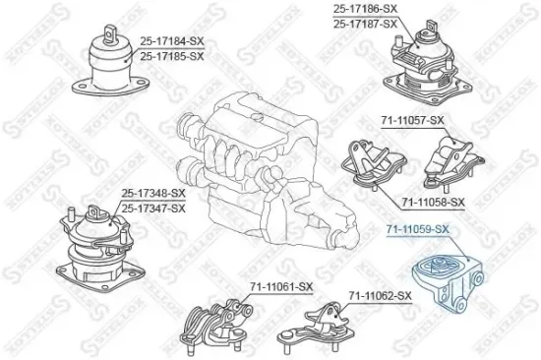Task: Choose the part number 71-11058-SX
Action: point(432,202)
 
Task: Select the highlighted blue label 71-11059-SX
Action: point(416,230)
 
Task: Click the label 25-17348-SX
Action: point(151,194)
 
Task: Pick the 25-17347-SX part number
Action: point(151,209)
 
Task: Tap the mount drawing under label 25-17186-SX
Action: point(424,59)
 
